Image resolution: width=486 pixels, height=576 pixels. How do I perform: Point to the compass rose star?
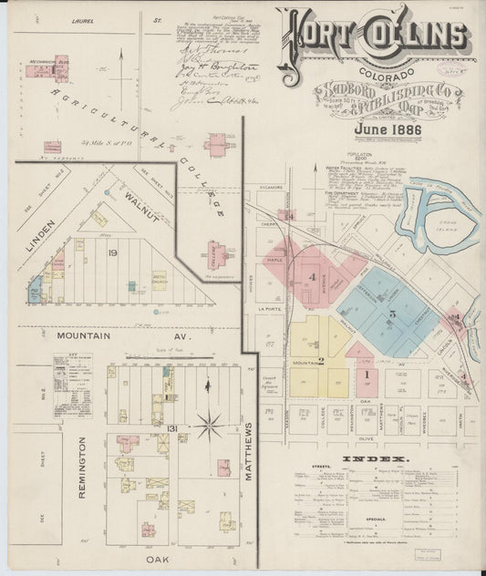[211, 423]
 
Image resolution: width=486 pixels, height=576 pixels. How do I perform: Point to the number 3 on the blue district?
[391, 314]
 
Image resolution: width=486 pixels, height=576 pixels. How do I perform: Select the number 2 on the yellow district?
[321, 361]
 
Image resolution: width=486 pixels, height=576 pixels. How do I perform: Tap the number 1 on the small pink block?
[367, 374]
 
